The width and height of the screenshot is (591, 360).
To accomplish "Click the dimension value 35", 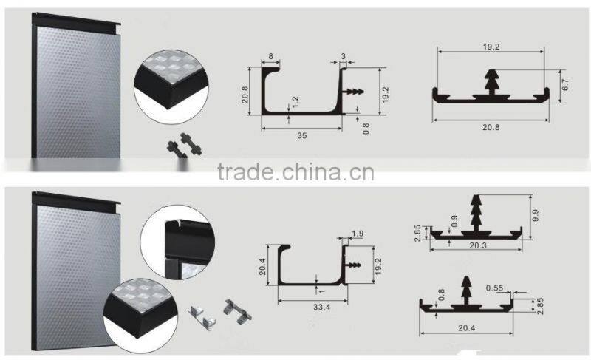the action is tap(302, 136).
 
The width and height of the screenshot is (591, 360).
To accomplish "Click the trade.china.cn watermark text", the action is tap(295, 173).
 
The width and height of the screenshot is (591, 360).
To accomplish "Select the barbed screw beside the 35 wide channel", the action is tap(355, 92).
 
